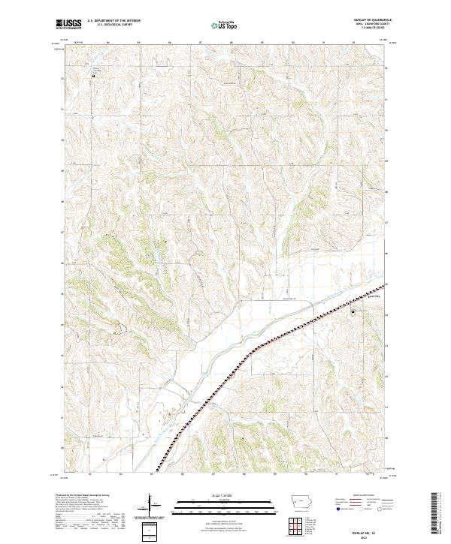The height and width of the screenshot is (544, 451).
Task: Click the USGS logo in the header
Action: coord(68,24)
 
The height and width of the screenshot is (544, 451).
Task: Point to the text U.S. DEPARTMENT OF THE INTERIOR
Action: coord(114,20)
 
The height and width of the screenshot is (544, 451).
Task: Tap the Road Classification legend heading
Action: coord(366,496)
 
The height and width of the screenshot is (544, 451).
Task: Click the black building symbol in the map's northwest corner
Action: coord(93,76)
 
